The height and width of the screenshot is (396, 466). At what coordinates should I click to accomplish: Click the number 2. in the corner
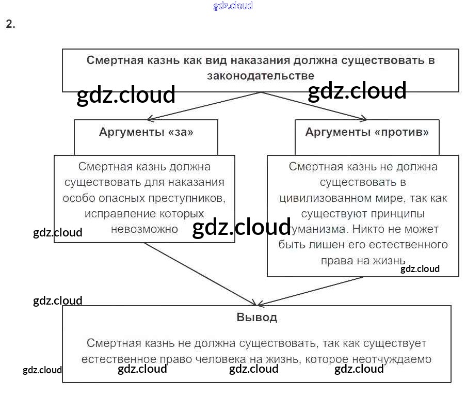(10, 24)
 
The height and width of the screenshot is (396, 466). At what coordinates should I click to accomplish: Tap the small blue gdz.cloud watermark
(233, 6)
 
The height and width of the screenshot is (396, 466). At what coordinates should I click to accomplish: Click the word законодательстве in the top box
(260, 75)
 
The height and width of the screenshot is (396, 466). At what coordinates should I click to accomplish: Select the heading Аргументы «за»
(146, 132)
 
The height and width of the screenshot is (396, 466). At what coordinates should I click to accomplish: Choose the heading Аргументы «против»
(367, 132)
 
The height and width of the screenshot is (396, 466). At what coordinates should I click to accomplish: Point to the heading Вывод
(256, 317)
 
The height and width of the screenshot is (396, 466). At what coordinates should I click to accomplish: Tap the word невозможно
(144, 229)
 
